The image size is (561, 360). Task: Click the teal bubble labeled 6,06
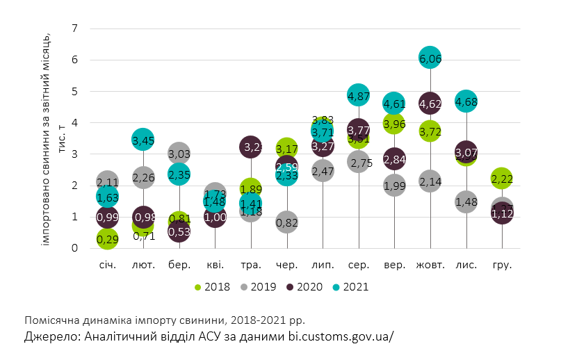click(x=430, y=58)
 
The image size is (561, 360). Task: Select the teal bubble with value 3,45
click(x=143, y=140)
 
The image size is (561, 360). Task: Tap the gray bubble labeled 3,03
click(x=179, y=154)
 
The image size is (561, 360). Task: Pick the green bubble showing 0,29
click(x=107, y=239)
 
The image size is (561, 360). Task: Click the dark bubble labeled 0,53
click(x=179, y=231)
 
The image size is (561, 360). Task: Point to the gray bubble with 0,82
click(x=286, y=222)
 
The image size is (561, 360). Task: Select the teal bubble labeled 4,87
click(x=359, y=96)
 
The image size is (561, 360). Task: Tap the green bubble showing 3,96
click(x=394, y=124)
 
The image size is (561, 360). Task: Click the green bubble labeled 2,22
click(x=502, y=179)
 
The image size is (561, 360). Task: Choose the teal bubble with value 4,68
click(x=466, y=101)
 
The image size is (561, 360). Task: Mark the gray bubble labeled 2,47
click(x=323, y=171)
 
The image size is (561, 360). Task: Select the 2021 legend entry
click(x=349, y=286)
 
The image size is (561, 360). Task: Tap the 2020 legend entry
click(x=305, y=286)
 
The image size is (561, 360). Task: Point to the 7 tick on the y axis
click(x=76, y=28)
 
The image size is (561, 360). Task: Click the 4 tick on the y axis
click(x=76, y=122)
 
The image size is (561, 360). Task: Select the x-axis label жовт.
click(x=430, y=265)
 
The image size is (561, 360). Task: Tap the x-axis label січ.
click(x=107, y=265)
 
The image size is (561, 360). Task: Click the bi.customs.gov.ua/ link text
click(x=341, y=336)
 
